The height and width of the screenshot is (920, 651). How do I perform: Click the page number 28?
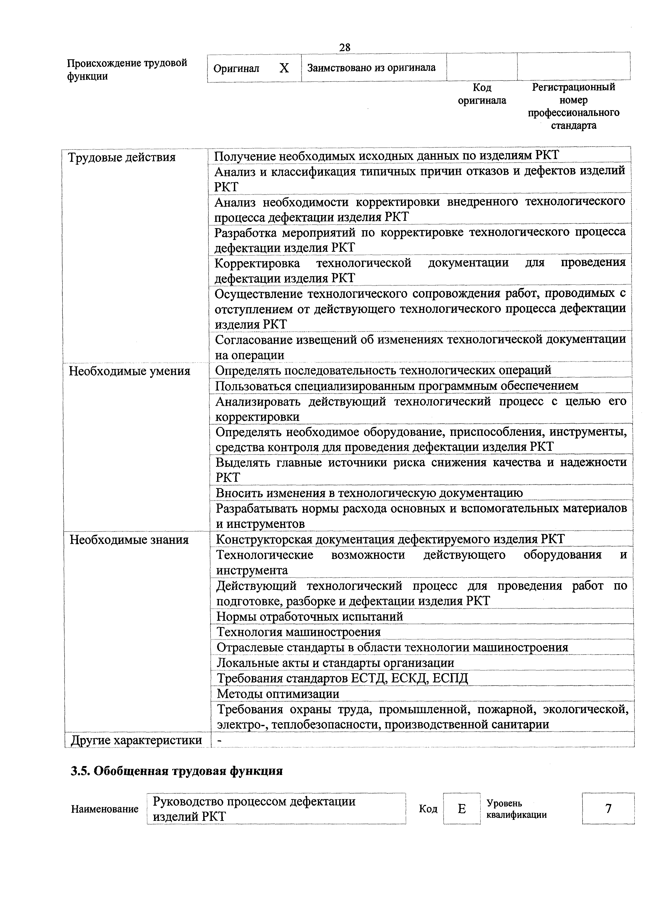(x=345, y=48)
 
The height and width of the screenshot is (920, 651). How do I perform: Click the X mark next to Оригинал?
(x=284, y=68)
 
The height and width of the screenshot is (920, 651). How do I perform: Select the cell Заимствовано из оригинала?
(x=371, y=68)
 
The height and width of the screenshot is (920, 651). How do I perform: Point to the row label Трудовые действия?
(x=122, y=157)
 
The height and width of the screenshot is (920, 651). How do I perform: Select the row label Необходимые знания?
(x=129, y=540)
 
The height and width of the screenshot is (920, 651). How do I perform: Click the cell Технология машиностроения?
(x=298, y=632)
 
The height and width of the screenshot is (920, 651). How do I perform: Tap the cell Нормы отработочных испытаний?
(x=310, y=616)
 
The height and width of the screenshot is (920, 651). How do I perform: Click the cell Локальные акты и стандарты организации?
(x=335, y=663)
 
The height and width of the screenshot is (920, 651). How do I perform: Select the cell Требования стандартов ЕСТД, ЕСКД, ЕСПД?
(x=342, y=678)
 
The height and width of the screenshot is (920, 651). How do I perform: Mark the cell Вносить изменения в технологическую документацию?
(x=369, y=493)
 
